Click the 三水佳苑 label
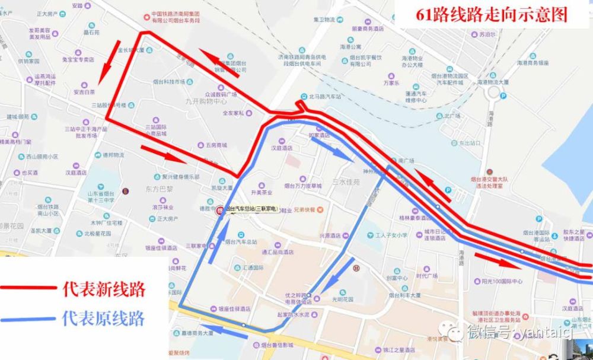(x=346, y=182)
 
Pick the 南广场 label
(x=405, y=160)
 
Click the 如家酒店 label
(x=318, y=135)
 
